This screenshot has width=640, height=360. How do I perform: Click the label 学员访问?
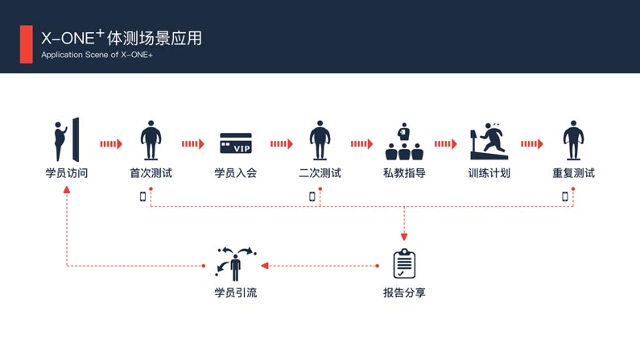[x=67, y=172]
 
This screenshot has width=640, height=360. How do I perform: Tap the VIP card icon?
[x=236, y=143]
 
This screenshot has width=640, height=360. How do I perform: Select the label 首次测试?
[x=151, y=172]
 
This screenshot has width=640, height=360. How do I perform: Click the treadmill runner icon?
[x=488, y=142]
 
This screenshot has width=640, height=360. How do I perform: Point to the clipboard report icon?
[x=404, y=263]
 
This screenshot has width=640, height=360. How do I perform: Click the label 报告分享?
[x=404, y=292]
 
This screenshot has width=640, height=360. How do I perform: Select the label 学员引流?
[x=236, y=292]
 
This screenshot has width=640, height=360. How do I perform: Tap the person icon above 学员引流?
[x=236, y=263]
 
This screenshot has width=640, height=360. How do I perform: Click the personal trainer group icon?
[x=404, y=142]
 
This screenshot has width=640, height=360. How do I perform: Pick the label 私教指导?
[x=404, y=172]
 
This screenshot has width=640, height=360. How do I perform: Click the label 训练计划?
[x=489, y=172]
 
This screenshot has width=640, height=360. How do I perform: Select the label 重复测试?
[x=573, y=172]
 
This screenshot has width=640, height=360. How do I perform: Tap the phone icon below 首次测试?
[x=143, y=196]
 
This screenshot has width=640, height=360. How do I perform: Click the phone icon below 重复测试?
[x=565, y=196]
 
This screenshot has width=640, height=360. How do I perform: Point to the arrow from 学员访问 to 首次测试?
[x=110, y=144]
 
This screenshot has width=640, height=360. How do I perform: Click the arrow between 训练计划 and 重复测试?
[x=531, y=144]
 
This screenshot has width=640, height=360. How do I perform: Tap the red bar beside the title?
[x=27, y=43]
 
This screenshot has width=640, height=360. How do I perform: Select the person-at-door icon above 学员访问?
[x=67, y=140]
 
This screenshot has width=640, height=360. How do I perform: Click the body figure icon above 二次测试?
[x=320, y=141]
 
